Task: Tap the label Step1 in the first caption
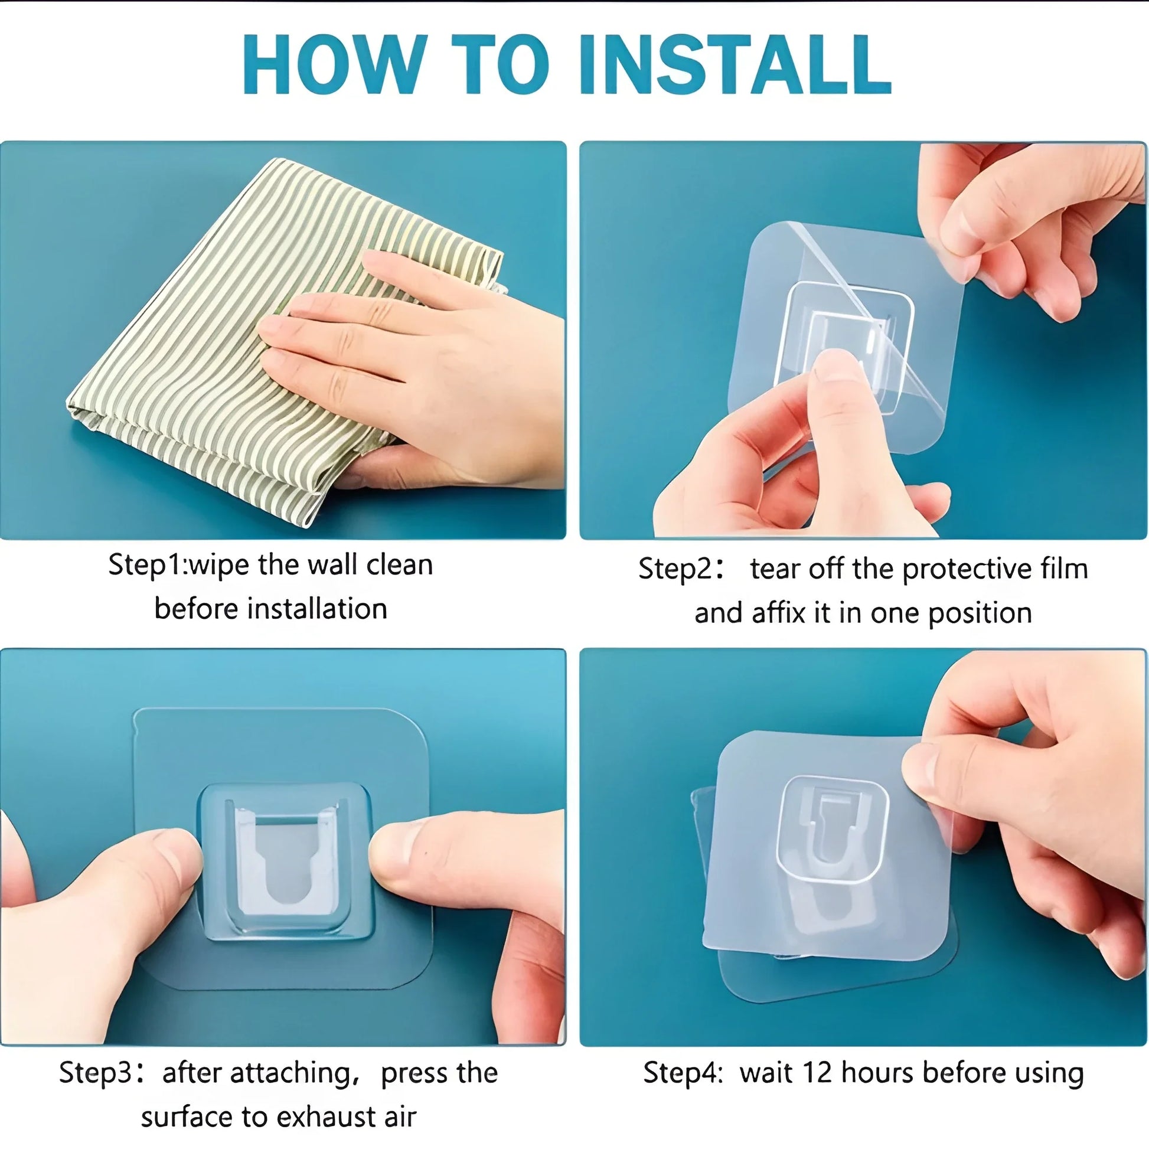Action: pos(146,564)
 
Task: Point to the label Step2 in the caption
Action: pos(674,569)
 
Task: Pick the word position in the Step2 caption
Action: pos(980,613)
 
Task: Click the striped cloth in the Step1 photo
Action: pos(238,333)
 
